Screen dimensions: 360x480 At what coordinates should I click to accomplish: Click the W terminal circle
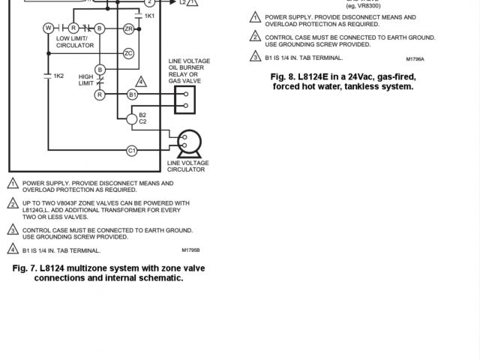[48, 28]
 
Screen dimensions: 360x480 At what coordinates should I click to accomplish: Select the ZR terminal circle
[128, 28]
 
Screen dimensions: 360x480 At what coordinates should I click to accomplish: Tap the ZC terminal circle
[128, 53]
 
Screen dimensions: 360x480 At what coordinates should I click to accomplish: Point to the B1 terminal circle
[132, 94]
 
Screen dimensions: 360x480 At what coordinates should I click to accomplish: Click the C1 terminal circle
[132, 151]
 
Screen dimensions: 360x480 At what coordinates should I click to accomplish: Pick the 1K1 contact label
[149, 16]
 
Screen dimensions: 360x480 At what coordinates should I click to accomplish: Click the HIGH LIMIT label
[85, 79]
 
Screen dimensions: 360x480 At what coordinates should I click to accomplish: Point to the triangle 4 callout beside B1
[140, 81]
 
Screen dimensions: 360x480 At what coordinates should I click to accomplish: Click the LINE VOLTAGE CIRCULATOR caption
[187, 166]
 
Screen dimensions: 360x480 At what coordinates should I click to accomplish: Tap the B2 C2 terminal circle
[133, 118]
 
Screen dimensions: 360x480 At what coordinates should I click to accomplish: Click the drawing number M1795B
[191, 250]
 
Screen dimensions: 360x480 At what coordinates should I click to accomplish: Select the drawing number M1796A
[415, 58]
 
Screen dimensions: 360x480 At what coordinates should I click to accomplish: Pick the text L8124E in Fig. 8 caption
[313, 76]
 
